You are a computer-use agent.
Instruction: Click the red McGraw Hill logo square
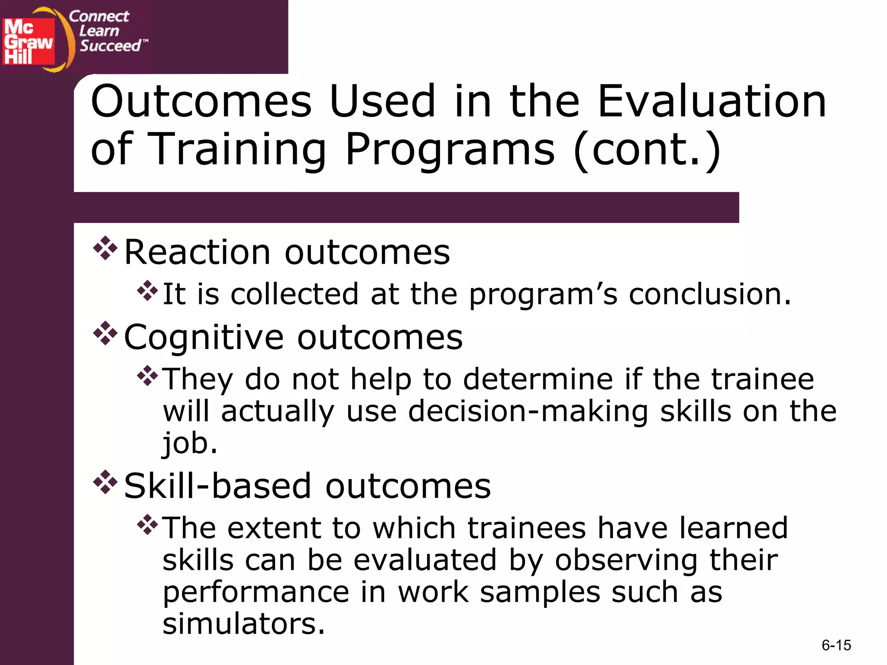click(29, 41)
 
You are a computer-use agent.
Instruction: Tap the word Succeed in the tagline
click(110, 46)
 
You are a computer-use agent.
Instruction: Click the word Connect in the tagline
click(99, 16)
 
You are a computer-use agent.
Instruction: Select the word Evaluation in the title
click(712, 101)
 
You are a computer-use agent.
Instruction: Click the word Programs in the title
click(450, 149)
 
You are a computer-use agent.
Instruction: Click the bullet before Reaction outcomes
click(105, 249)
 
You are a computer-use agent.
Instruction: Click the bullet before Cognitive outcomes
click(105, 333)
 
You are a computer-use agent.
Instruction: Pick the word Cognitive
click(204, 338)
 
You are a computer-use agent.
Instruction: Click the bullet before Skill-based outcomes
click(105, 482)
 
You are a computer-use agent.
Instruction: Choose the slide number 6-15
click(836, 646)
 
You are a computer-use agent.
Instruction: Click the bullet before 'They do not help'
click(148, 376)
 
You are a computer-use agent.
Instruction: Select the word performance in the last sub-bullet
click(256, 592)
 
